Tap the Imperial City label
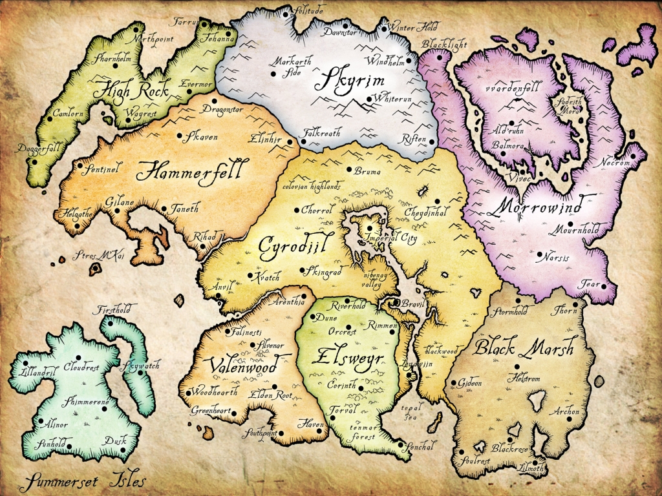tap(390, 238)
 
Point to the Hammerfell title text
tap(189, 172)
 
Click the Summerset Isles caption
tap(82, 481)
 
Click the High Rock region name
tap(131, 92)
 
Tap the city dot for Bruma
tap(350, 170)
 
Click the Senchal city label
tap(423, 445)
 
